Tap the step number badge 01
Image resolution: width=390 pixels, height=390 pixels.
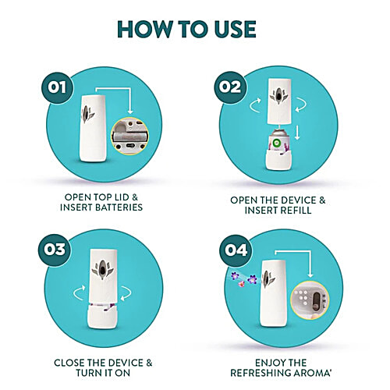tap(58, 88)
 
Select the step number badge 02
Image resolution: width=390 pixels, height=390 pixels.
tap(230, 87)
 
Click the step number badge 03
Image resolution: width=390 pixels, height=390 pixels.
tap(54, 250)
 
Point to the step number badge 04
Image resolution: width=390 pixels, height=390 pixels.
tap(236, 250)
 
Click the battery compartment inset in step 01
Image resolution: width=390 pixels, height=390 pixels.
tap(129, 136)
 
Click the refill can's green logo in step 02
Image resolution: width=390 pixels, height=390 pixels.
tap(275, 143)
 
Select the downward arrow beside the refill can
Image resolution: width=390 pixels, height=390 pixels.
tap(297, 133)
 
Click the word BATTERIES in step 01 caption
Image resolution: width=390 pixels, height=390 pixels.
tap(119, 207)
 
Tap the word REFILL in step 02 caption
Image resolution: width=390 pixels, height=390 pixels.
tap(296, 211)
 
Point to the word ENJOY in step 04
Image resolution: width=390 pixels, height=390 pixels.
tap(269, 363)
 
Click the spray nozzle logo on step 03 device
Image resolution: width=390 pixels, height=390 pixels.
tap(102, 270)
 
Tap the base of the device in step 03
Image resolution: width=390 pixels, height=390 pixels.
tap(102, 317)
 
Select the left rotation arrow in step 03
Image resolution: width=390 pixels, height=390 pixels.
tap(79, 292)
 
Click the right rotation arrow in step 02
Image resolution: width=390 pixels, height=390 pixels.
tap(301, 105)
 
